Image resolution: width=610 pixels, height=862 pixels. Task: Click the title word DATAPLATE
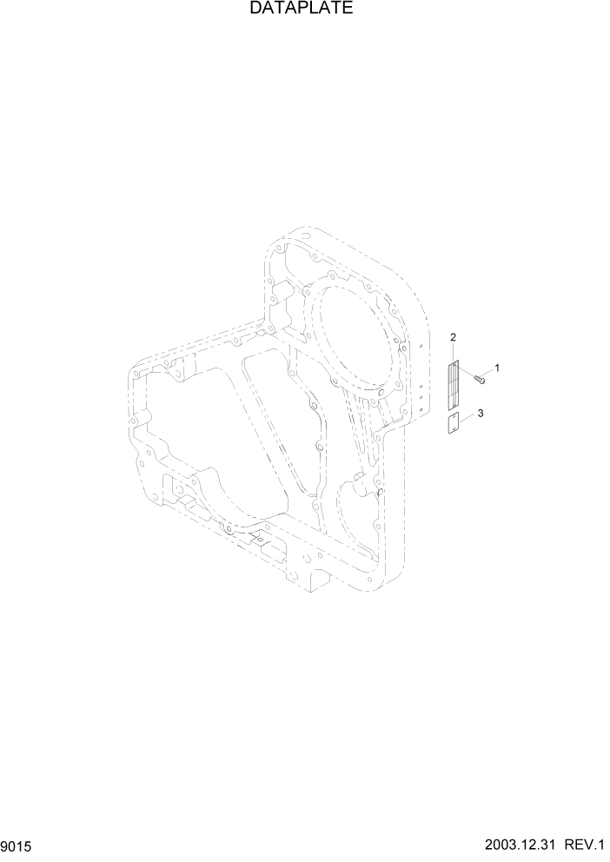pos(301,10)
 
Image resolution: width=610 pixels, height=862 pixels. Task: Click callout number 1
pos(497,368)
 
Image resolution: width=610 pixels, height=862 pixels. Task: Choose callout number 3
pos(481,413)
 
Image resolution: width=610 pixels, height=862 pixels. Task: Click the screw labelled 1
pos(479,377)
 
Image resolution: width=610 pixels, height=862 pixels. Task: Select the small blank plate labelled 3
pos(453,423)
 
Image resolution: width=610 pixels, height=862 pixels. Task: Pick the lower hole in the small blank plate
pos(453,428)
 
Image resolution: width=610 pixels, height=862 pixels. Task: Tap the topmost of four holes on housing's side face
pos(421,346)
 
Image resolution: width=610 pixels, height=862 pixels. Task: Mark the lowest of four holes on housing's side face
pos(421,410)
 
